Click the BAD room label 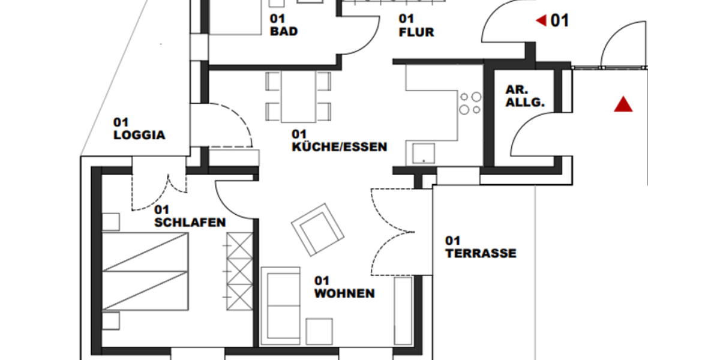284,26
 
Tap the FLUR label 416,26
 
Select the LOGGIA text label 139,129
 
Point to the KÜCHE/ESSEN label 339,140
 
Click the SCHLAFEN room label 190,217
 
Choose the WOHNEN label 344,287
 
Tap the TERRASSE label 480,247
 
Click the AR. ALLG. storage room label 524,96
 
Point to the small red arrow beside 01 541,21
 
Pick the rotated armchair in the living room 317,229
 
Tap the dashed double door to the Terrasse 393,232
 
